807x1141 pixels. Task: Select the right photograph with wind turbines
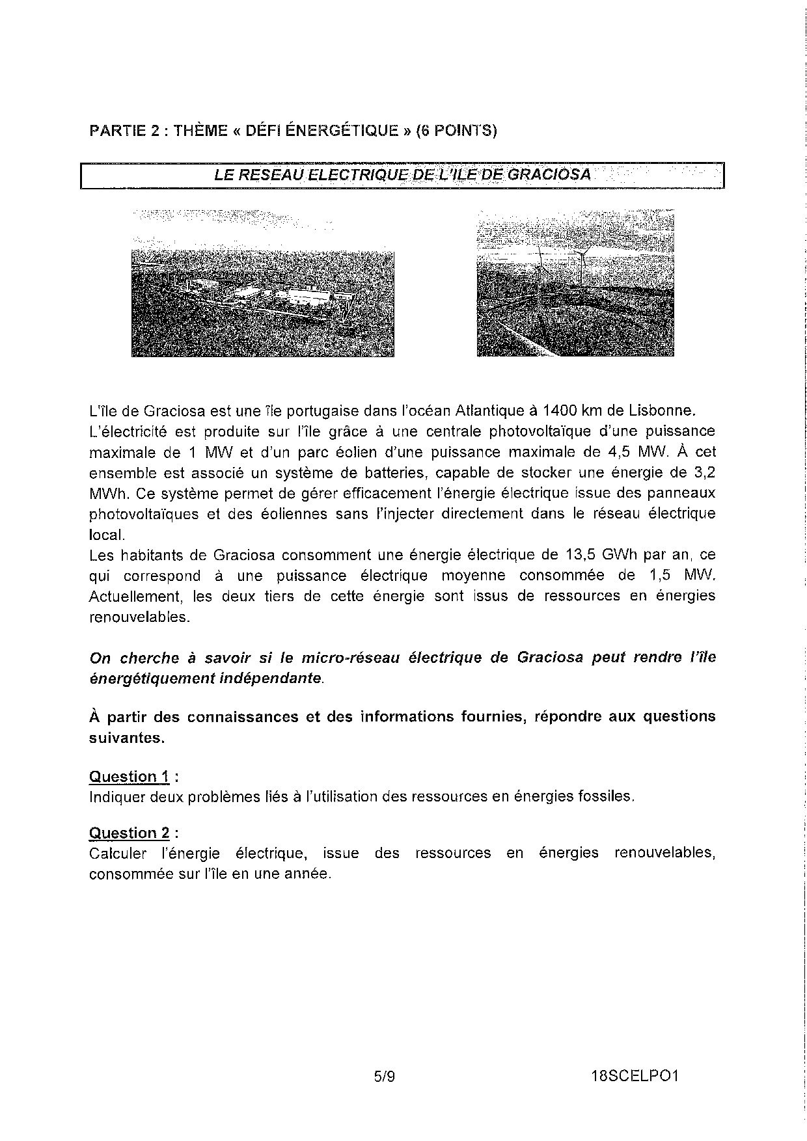575,284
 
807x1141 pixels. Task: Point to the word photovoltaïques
144,514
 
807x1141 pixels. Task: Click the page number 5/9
385,1077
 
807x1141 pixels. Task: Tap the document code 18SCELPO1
635,1077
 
